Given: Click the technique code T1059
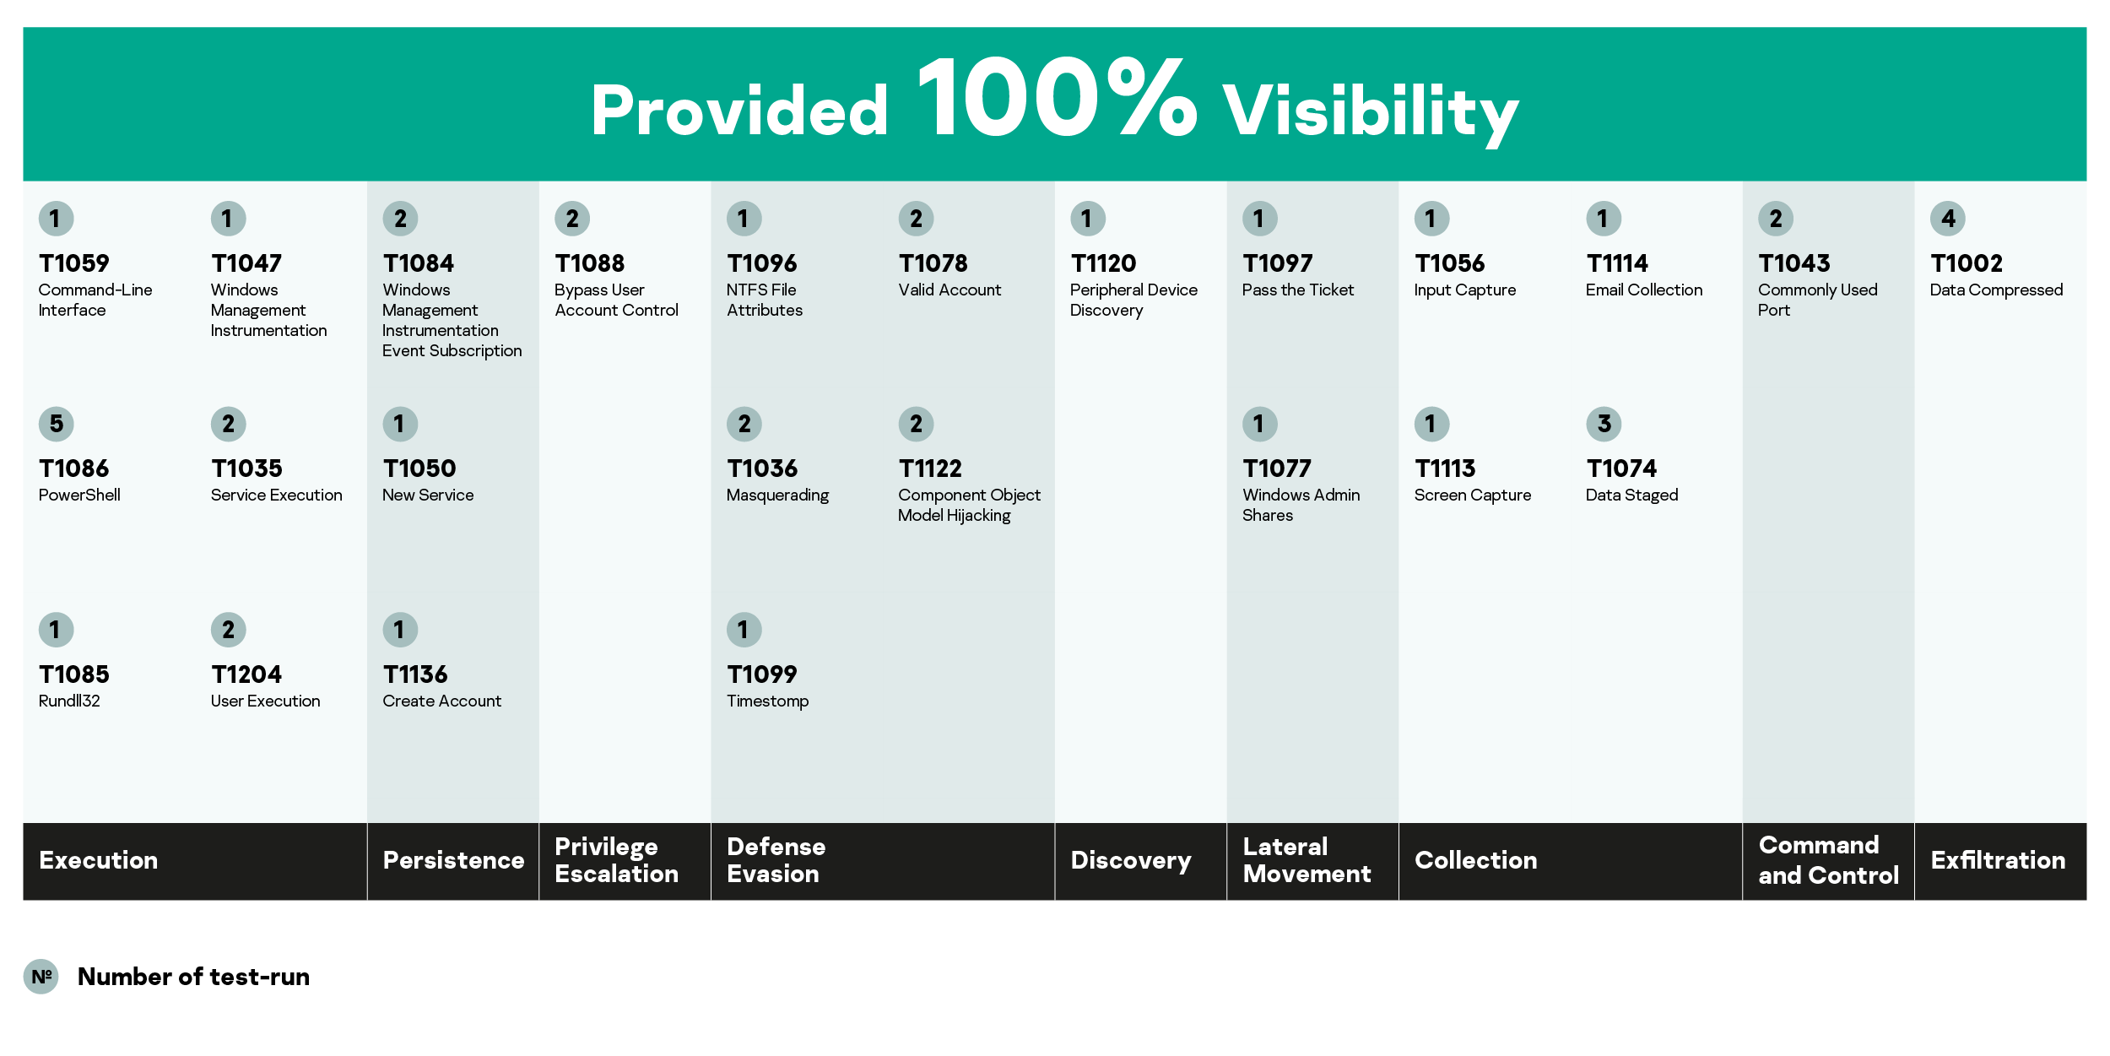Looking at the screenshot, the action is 74,263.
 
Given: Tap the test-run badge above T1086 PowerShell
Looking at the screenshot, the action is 57,424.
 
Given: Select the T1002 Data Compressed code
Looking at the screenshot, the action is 1967,263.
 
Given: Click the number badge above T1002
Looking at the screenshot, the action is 1948,219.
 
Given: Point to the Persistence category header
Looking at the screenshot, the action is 453,860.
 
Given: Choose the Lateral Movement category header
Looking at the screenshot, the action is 1307,860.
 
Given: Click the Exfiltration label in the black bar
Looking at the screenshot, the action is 1998,860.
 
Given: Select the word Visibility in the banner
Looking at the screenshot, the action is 1371,113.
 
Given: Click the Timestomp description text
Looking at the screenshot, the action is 768,701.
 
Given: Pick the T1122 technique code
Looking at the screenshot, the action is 930,468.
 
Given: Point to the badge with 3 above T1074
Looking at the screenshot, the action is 1604,424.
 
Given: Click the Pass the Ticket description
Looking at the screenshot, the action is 1298,290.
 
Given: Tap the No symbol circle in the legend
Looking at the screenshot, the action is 41,977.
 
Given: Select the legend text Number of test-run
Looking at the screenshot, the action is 194,977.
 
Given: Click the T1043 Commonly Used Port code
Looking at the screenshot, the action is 1794,263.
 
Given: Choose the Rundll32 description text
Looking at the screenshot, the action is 69,701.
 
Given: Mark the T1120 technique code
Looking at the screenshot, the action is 1103,263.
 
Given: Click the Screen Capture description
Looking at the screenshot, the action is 1473,496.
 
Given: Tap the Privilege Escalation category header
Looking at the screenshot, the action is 616,860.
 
